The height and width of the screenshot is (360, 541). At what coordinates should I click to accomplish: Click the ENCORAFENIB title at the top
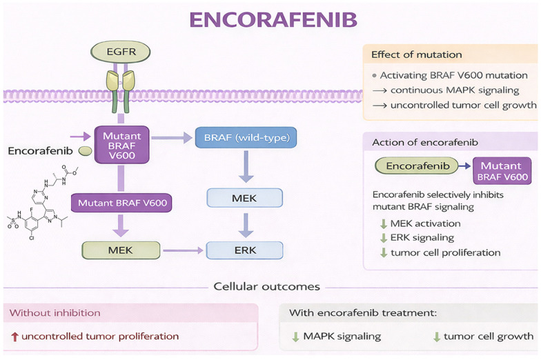(273, 19)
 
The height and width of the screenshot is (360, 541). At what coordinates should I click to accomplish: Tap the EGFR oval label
(120, 52)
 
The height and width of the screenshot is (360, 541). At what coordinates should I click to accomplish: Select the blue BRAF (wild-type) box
(246, 138)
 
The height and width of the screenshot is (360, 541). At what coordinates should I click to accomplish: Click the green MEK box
(121, 250)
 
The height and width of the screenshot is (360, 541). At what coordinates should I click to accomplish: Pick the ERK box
(244, 250)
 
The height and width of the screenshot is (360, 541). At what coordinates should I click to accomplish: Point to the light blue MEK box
(244, 198)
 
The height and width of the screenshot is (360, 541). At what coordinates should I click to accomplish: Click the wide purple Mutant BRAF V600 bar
(121, 203)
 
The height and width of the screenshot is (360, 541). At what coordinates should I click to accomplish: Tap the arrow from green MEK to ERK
(183, 250)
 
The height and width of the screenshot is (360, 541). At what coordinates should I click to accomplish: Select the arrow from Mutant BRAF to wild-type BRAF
(172, 138)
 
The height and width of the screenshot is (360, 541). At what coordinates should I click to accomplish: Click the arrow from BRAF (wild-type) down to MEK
(246, 167)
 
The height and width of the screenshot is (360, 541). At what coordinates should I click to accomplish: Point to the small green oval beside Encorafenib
(86, 150)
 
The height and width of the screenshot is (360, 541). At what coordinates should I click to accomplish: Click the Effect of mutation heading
(417, 54)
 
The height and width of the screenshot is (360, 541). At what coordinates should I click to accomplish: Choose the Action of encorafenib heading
(425, 142)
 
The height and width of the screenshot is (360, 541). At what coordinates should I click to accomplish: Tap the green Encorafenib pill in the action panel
(417, 166)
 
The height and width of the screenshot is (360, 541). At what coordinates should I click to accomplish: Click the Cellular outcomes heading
(266, 287)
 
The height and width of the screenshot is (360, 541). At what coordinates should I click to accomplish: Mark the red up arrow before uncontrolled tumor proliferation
(14, 337)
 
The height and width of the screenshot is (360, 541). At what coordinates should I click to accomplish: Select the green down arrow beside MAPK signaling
(295, 337)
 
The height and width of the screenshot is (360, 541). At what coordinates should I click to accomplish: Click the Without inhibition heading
(55, 313)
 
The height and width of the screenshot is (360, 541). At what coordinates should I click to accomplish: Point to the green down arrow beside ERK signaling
(384, 238)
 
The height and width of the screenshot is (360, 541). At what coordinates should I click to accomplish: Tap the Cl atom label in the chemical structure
(32, 238)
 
